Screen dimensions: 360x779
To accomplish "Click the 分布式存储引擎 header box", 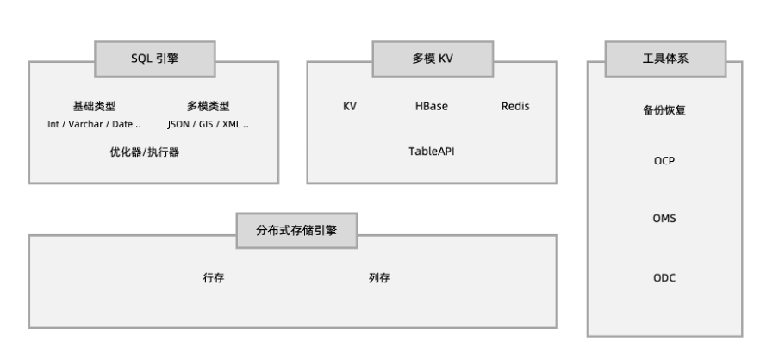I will tap(297, 232).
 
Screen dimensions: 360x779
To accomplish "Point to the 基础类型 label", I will tap(94, 107).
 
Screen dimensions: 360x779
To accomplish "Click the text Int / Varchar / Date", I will tap(94, 123).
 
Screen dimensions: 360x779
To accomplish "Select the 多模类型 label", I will tap(209, 107).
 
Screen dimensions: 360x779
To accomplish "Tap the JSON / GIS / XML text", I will tap(209, 123).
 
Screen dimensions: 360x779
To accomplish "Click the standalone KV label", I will tap(350, 107).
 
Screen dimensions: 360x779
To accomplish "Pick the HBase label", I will tap(432, 107).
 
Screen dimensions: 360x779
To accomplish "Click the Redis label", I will tap(514, 107).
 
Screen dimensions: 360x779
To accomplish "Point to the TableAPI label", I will tap(432, 150).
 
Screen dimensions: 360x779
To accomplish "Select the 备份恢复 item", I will tap(664, 111).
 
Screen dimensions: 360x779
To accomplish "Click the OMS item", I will tap(664, 219).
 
